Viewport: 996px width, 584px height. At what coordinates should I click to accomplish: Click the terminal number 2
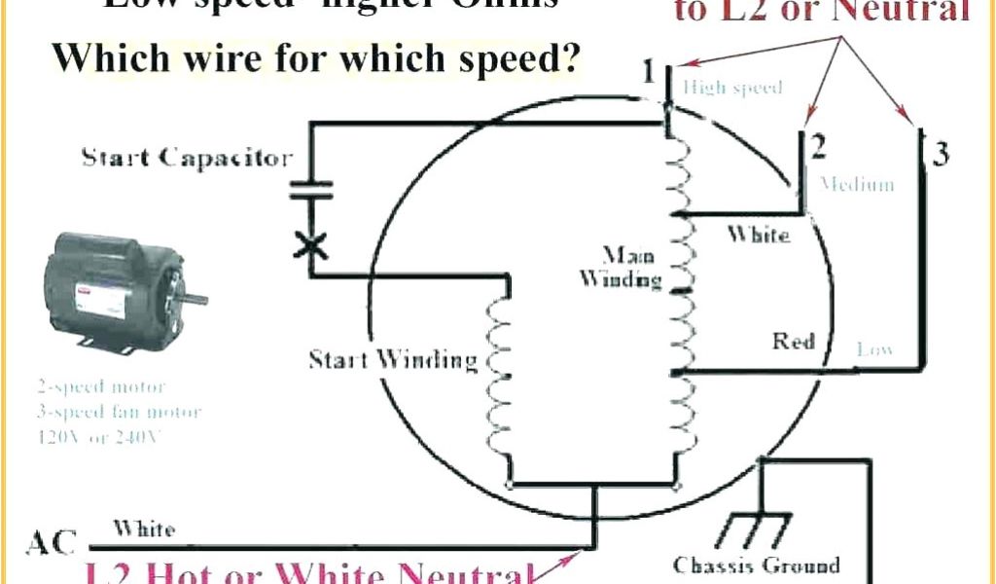[819, 147]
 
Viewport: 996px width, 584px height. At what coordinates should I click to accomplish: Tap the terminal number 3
[940, 154]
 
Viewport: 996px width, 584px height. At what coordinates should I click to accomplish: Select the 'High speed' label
[732, 88]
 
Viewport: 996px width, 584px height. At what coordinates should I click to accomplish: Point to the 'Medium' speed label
[857, 184]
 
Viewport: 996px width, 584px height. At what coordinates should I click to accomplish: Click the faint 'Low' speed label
[875, 348]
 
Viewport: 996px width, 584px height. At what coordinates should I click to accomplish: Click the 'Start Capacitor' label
[187, 157]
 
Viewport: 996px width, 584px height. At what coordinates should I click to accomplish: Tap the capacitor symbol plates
[311, 191]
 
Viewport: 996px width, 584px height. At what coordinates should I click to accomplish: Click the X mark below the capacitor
[311, 245]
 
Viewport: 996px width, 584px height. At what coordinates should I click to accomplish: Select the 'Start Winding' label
[394, 360]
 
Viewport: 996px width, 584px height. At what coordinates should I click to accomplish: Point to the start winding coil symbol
[497, 380]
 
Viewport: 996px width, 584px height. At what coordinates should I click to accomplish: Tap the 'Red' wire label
[794, 341]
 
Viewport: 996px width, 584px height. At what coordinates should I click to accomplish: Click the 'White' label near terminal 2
[759, 235]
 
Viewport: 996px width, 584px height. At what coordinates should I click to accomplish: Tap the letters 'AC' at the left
[52, 542]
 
